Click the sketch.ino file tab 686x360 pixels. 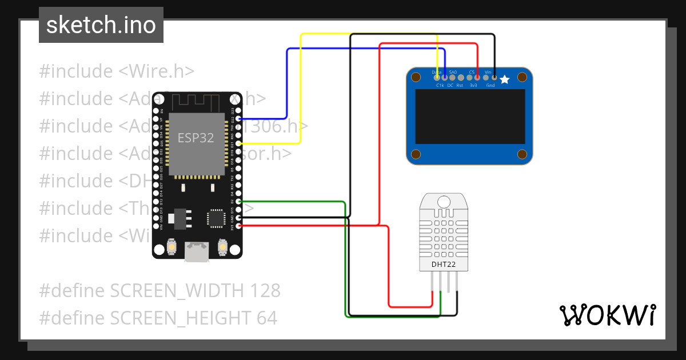coord(101,25)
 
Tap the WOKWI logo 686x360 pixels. coord(607,315)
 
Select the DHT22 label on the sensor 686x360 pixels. coord(443,263)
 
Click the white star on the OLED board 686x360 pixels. coord(505,79)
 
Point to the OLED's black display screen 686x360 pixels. coord(469,117)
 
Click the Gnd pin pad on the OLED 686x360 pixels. coord(494,77)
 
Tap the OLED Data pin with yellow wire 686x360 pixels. coord(437,77)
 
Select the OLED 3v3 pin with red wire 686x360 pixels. coord(477,77)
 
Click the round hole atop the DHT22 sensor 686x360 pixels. coord(444,201)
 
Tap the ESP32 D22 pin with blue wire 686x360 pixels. coord(239,119)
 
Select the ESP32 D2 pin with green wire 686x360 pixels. coord(239,202)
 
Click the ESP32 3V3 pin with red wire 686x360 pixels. coord(239,226)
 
